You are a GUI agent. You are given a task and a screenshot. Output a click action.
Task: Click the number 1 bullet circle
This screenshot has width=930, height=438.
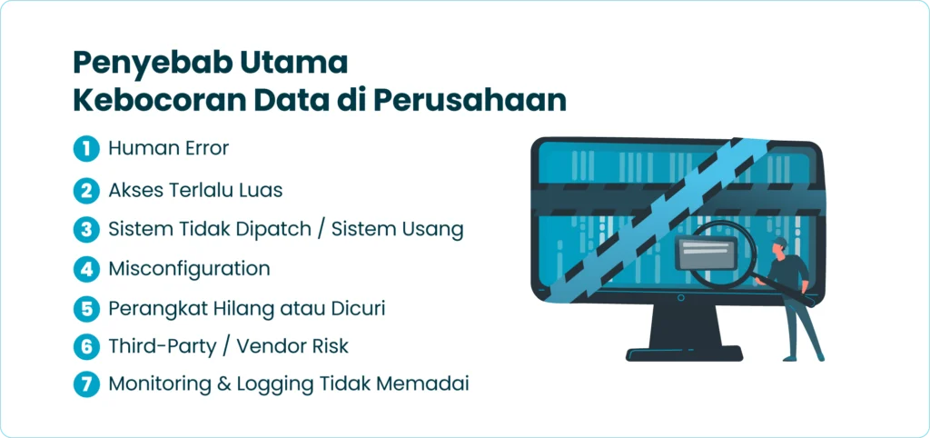click(x=86, y=149)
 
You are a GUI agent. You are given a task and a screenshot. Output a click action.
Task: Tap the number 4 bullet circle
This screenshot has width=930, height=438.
click(x=86, y=269)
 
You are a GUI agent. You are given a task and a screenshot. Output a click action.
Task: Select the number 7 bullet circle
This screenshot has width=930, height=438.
click(x=86, y=383)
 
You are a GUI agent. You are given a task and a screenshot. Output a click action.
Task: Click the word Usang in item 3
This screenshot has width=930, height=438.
click(x=434, y=229)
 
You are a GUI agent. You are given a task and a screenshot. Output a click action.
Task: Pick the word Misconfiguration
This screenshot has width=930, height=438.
click(x=189, y=269)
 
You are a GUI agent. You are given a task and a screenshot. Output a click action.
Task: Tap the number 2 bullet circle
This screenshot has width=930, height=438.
click(x=86, y=190)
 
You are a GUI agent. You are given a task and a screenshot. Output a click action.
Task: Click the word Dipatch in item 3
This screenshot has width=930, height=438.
click(x=270, y=229)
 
